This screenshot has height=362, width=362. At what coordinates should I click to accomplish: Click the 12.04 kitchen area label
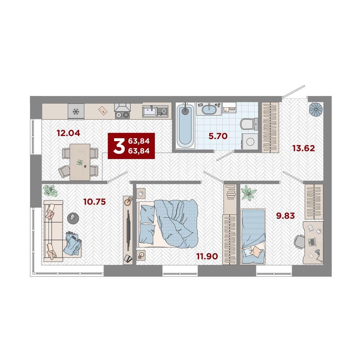(x=68, y=133)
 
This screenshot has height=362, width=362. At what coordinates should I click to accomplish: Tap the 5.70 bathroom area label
(x=218, y=136)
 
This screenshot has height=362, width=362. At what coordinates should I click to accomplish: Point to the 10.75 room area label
(x=95, y=202)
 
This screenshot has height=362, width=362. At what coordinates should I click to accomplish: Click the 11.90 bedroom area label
(x=207, y=256)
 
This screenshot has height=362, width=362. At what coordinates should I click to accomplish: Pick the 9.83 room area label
(x=285, y=216)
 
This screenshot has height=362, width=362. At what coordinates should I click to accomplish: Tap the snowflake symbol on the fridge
(x=76, y=112)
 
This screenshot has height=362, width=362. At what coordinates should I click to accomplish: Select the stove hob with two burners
(x=122, y=114)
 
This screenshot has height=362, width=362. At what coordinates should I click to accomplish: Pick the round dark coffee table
(x=73, y=218)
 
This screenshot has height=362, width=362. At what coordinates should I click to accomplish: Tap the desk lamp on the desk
(x=318, y=255)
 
